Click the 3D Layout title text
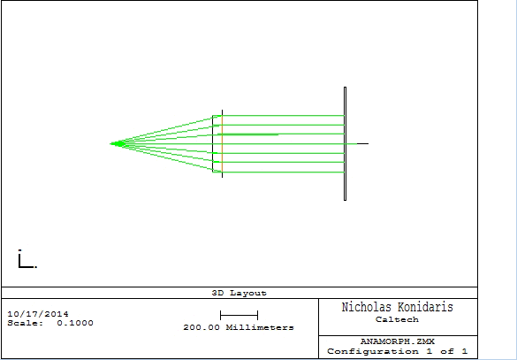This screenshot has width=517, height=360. click(x=239, y=293)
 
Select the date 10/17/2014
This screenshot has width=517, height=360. click(x=38, y=314)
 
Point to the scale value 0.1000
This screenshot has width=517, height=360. click(x=75, y=323)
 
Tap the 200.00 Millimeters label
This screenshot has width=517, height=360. click(x=239, y=327)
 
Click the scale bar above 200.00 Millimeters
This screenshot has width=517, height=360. click(x=239, y=316)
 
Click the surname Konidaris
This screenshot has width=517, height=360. click(x=425, y=307)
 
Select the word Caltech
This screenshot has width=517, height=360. click(x=397, y=319)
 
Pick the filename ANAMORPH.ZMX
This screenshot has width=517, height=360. click(x=398, y=341)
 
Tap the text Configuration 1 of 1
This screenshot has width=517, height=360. click(x=398, y=351)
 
